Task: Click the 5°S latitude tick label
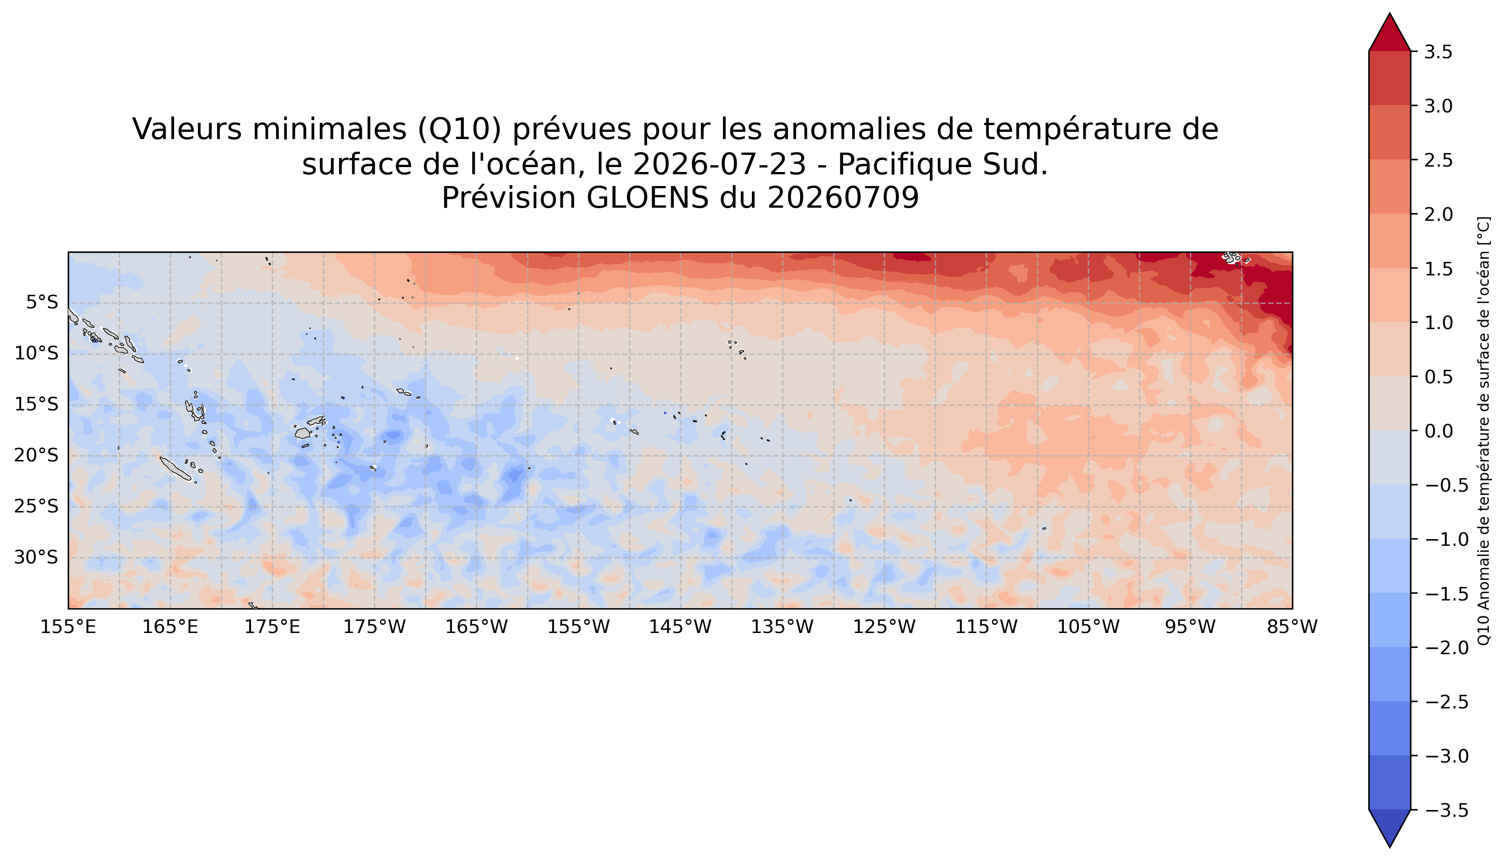[42, 303]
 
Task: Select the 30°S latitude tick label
[36, 557]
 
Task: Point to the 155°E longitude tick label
[68, 627]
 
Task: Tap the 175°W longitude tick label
[374, 627]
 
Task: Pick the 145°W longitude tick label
[680, 627]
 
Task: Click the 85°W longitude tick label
[1292, 627]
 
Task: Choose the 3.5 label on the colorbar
[1438, 52]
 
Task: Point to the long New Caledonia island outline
[175, 468]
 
